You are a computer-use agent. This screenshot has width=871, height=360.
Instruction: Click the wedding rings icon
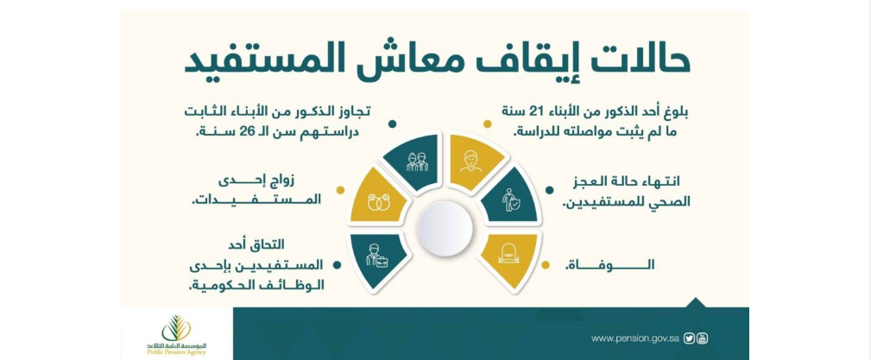[x=379, y=203]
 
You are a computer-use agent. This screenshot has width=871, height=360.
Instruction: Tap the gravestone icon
[x=508, y=254]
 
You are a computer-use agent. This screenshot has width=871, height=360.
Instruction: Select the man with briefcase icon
[x=376, y=255]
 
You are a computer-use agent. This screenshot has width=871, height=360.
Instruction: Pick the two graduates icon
[x=417, y=161]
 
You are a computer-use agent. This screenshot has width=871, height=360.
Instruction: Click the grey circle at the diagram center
[x=445, y=229]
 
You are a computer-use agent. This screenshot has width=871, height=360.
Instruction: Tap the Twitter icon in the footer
[x=690, y=338]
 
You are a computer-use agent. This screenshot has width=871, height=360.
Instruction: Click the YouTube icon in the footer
[x=703, y=338]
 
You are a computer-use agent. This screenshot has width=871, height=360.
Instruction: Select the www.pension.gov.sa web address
[x=635, y=339]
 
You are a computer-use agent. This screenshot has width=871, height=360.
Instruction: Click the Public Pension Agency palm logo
[x=176, y=328]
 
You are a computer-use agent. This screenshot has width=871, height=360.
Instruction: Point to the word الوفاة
[x=610, y=265]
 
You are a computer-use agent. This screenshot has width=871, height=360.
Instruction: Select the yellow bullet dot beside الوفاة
[x=546, y=265]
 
